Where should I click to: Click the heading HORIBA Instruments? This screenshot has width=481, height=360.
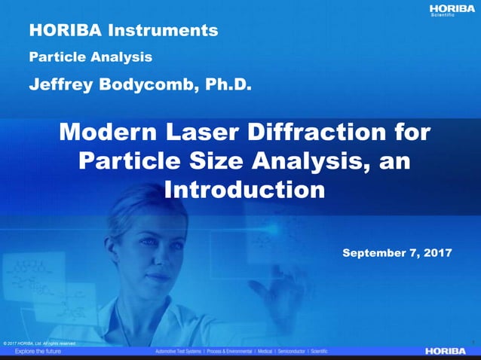coord(124,31)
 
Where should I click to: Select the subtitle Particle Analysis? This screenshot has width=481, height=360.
coord(90,56)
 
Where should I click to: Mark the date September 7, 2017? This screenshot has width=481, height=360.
coord(397,253)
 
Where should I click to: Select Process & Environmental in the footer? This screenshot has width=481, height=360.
coord(240,352)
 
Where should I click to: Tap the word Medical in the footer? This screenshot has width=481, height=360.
coord(283,352)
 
